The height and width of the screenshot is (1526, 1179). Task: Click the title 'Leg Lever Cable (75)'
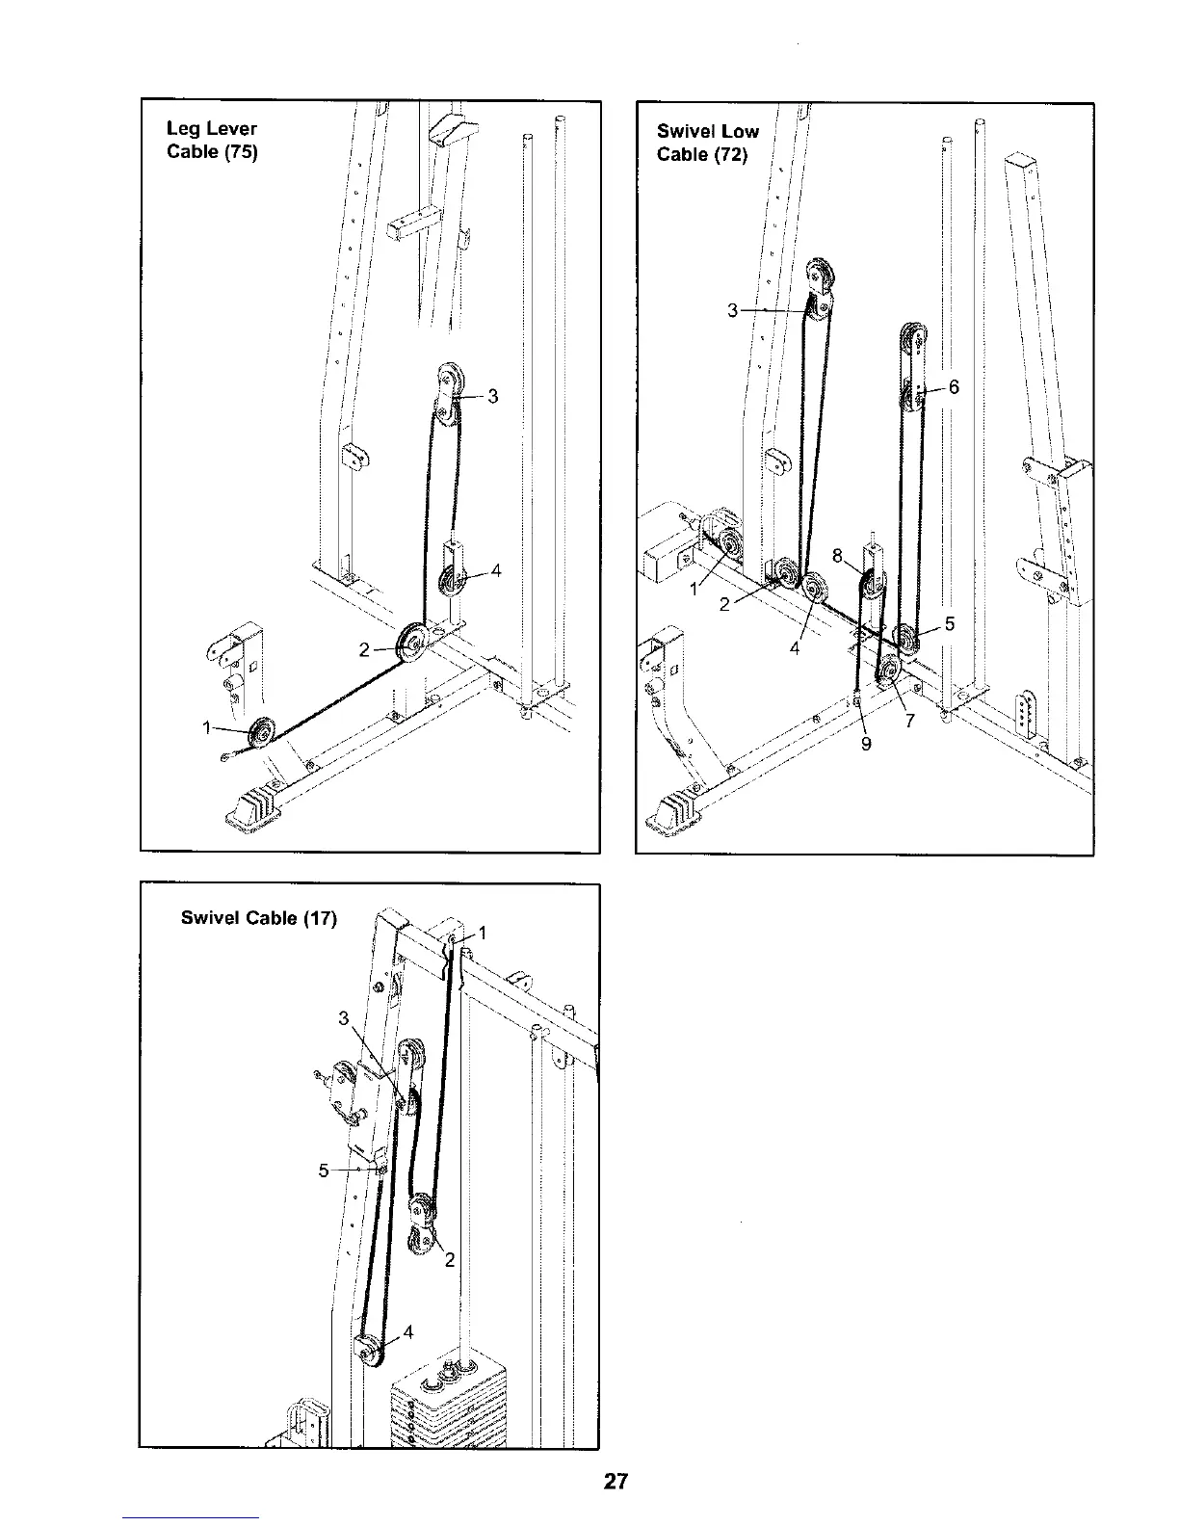(212, 140)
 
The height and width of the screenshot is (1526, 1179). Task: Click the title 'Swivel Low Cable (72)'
(707, 143)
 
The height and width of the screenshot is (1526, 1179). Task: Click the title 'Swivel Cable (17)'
(259, 918)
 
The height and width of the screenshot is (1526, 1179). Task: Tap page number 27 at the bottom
(616, 1482)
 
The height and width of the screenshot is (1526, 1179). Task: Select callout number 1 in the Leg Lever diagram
(207, 728)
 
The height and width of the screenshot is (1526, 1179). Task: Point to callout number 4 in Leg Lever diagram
(495, 570)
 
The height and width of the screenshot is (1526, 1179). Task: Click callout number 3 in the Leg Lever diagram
(492, 395)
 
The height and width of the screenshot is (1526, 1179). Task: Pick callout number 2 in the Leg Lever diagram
(365, 649)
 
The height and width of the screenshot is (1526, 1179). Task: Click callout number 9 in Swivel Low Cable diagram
(866, 742)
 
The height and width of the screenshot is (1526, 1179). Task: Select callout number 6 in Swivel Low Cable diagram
(954, 387)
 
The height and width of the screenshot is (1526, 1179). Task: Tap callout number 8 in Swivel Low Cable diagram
(837, 556)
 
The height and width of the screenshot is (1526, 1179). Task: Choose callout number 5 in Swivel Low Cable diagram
(949, 623)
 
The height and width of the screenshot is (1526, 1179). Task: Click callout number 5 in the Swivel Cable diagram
(324, 1171)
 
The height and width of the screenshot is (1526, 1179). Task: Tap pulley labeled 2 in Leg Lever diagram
(414, 641)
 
